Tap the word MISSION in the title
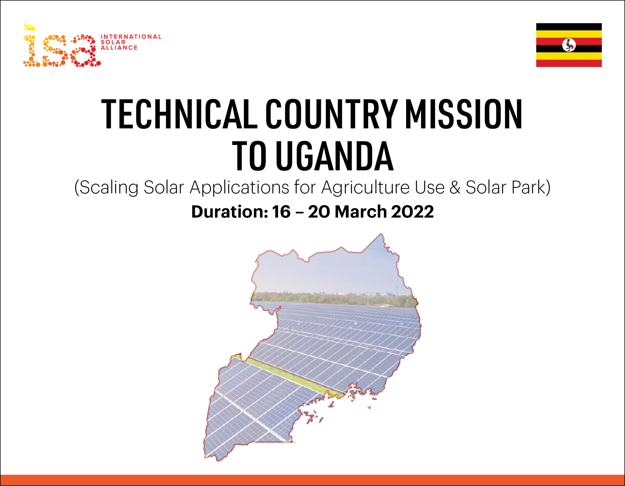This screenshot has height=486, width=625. coord(464,114)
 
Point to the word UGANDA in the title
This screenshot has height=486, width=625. coord(335,156)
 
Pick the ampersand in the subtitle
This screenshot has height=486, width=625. coord(455,188)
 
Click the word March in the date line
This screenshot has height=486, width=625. coord(361,212)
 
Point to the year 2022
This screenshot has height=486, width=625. coord(412,212)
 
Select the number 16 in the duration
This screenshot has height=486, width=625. coord(281,212)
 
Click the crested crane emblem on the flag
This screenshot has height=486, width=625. coord(569,45)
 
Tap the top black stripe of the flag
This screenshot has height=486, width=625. coord(569,27)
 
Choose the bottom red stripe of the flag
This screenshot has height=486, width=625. coord(569,63)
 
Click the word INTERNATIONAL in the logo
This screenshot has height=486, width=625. coord(131,37)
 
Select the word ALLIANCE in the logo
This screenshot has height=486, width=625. coord(119,48)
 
